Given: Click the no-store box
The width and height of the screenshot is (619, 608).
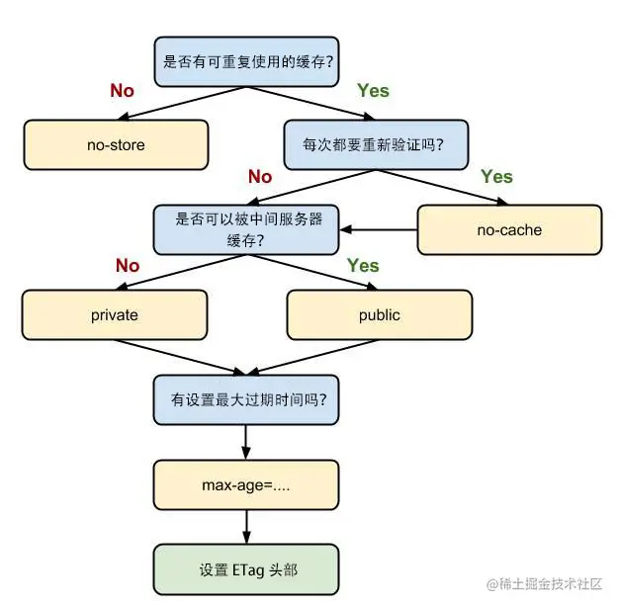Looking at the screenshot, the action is pos(116,145).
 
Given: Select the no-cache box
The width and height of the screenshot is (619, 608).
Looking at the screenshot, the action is pos(509,229).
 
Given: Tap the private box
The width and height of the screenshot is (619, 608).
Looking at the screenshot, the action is pos(115,315).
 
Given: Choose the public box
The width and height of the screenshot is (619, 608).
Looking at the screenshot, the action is pos(380,315).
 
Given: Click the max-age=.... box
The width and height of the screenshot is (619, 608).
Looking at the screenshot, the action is pos(246,484).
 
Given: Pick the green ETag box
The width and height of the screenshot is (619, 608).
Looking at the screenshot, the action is pos(246,569).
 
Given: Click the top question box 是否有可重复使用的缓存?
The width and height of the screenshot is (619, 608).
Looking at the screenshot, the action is pos(247,61).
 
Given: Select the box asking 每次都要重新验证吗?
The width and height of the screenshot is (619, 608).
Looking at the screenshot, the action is pos(376,145).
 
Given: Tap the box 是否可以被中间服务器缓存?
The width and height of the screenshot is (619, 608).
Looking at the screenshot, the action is pos(246,229).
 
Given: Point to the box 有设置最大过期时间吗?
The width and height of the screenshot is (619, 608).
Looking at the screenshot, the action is pos(246,400).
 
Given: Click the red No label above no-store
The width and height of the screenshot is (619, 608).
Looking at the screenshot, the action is pos(122,91).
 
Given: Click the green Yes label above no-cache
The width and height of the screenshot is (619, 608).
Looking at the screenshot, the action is pos(496,177).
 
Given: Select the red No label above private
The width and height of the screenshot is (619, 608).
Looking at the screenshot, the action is pos(128,265).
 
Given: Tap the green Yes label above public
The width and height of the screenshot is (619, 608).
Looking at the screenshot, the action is pos(363,265).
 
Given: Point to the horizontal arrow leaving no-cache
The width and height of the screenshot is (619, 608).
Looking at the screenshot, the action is pos(379,229).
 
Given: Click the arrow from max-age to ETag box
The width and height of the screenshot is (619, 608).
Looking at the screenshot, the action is pos(246,527).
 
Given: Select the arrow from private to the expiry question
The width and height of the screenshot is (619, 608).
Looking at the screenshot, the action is pos(180,357).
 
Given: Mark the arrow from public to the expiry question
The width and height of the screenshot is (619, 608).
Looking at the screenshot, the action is pos(313,357).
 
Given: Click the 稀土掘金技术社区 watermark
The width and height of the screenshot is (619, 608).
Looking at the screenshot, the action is pos(545,584).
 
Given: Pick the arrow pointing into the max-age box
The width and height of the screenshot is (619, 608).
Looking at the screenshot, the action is pos(246,442).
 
